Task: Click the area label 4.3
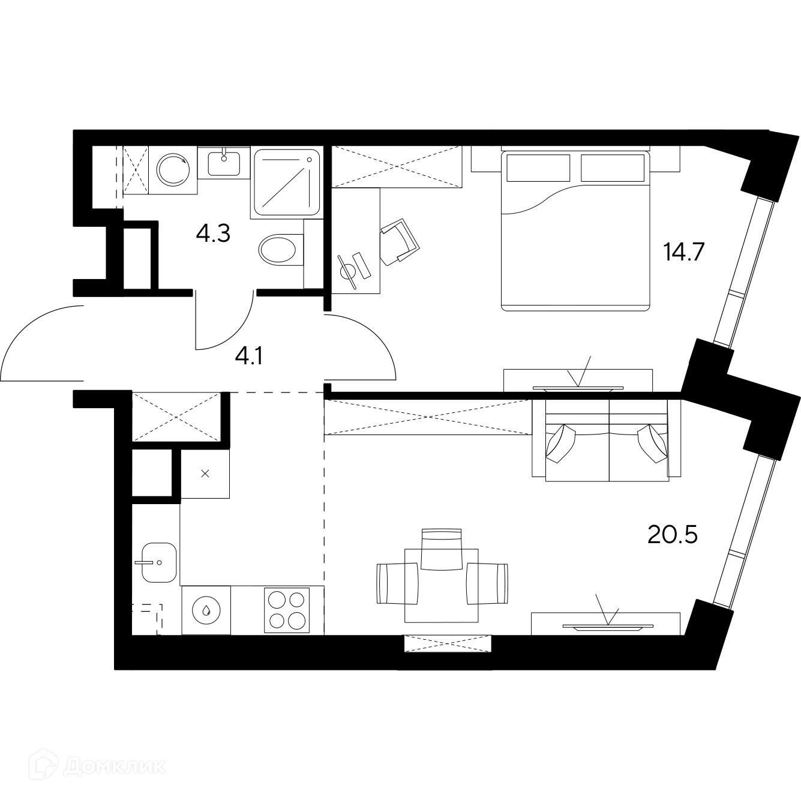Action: [x=213, y=233]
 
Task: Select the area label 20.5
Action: [x=672, y=535]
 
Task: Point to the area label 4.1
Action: [x=248, y=356]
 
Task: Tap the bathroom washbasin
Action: [x=224, y=163]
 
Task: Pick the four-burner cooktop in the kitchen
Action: [x=287, y=610]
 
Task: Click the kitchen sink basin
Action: [x=159, y=562]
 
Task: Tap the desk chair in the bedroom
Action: [x=400, y=242]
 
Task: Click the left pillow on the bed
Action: [x=538, y=168]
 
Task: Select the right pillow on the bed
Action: [x=612, y=168]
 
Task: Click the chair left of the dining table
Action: [x=397, y=583]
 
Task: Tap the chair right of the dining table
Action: [x=487, y=583]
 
